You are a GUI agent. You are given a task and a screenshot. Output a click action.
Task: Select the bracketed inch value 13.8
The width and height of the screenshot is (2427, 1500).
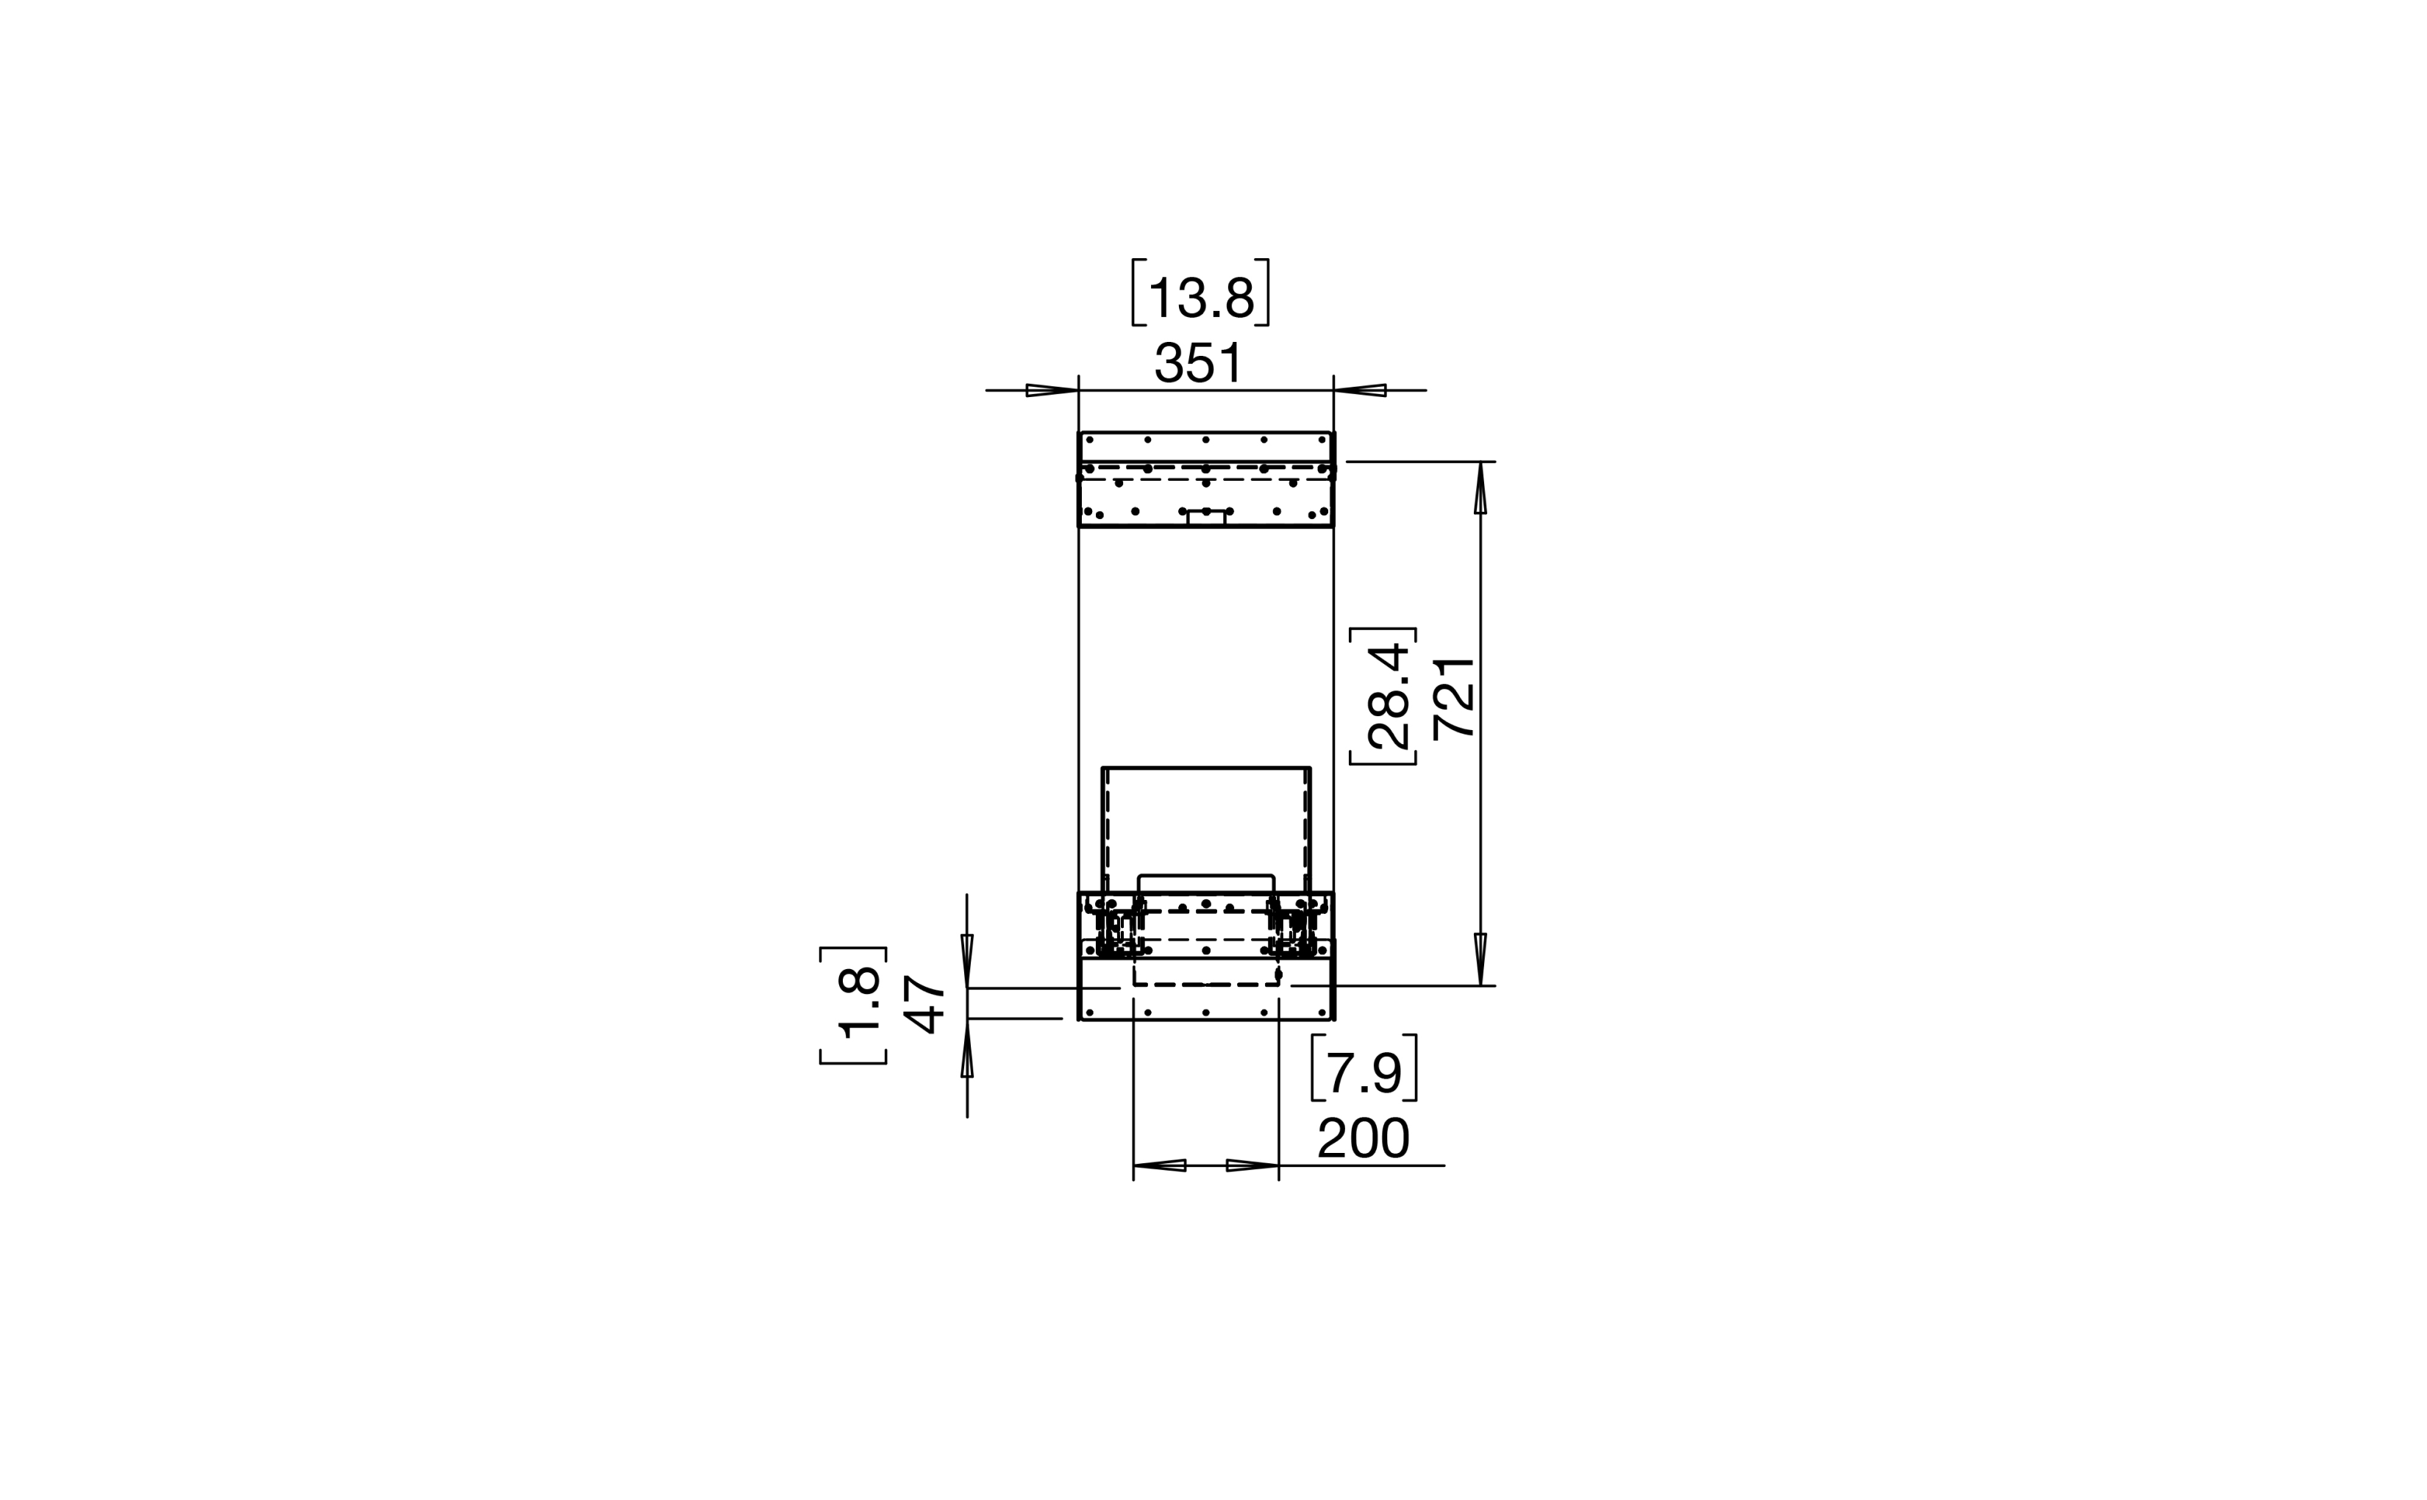(1200, 296)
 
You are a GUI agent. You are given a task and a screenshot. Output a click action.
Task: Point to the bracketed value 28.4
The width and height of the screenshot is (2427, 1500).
(1387, 696)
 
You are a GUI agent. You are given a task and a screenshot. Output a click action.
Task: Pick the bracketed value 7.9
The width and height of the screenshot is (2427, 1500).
(1364, 1072)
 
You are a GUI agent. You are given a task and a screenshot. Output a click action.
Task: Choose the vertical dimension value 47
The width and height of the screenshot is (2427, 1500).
(923, 1005)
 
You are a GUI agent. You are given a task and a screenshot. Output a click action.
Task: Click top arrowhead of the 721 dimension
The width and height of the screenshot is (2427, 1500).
(1480, 488)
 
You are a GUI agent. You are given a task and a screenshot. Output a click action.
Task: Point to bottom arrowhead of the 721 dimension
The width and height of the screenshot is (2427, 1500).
(1480, 960)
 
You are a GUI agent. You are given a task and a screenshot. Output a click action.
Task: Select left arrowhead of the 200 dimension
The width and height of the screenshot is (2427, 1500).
(1159, 1165)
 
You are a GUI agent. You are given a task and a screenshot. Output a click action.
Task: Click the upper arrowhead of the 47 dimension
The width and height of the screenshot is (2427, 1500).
(967, 960)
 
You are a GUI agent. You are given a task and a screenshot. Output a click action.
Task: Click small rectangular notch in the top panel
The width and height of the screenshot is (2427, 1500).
(1207, 518)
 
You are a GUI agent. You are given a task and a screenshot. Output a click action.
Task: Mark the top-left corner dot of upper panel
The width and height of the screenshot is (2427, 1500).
(1089, 440)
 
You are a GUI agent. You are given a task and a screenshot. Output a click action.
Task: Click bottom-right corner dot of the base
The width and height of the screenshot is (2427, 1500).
(1322, 1013)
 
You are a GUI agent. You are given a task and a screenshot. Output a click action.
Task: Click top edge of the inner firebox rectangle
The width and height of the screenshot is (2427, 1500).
(1207, 768)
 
